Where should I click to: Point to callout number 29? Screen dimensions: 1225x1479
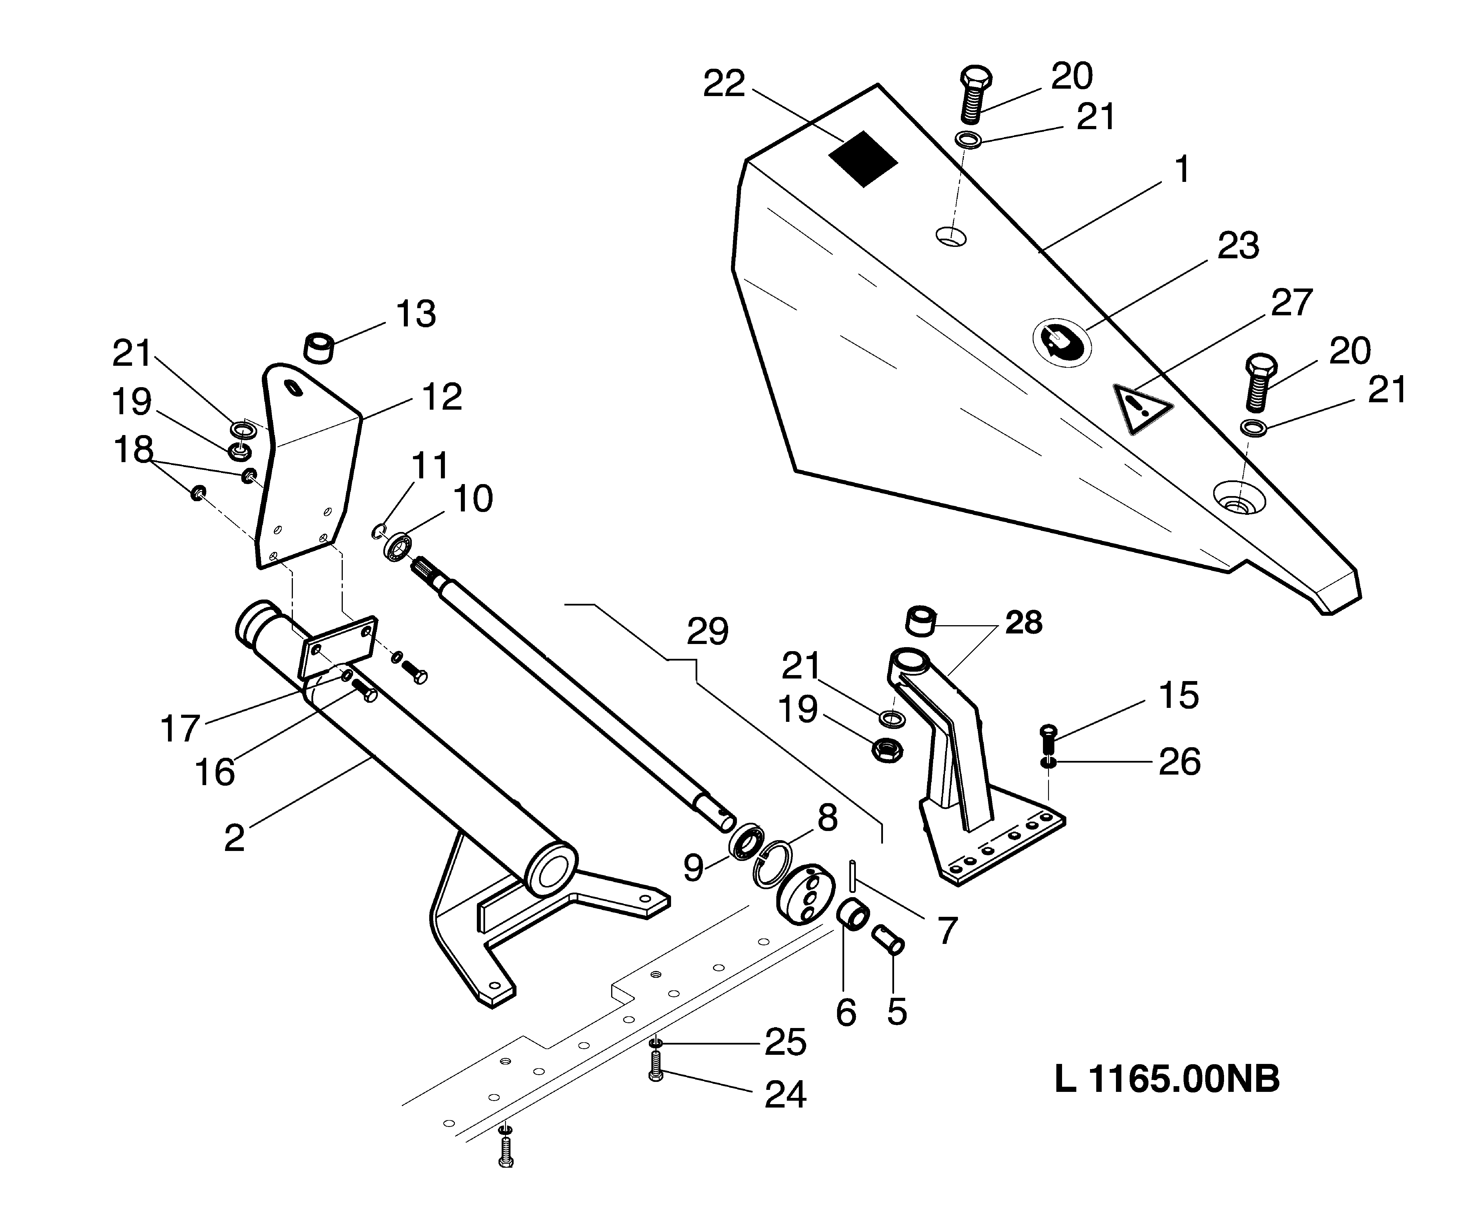pyautogui.click(x=707, y=631)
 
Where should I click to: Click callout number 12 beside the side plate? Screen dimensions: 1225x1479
pyautogui.click(x=441, y=397)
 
